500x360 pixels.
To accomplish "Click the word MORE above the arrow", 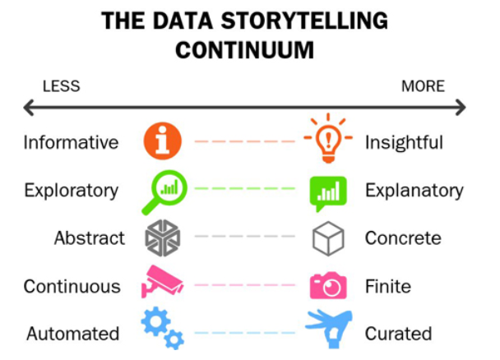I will tap(423, 86).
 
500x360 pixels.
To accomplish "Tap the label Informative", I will tap(71, 142).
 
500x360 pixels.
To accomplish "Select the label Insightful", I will tap(404, 142).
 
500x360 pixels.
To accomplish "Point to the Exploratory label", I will tap(71, 190).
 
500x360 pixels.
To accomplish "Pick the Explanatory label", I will tap(414, 190).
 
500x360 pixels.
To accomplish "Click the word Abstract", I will tap(90, 238).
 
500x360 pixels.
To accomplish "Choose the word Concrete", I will tap(403, 238).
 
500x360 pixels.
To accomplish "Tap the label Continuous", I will tap(72, 286).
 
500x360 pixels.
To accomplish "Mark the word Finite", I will tap(387, 286).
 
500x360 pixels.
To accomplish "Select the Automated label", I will tap(73, 334).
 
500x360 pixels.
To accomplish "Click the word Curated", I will tap(399, 334).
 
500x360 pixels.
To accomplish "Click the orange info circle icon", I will tap(162, 141).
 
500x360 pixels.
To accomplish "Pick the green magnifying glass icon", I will tap(164, 191).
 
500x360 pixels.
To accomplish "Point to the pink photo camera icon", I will tap(327, 285).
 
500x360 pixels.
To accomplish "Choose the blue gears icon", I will tap(162, 328).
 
